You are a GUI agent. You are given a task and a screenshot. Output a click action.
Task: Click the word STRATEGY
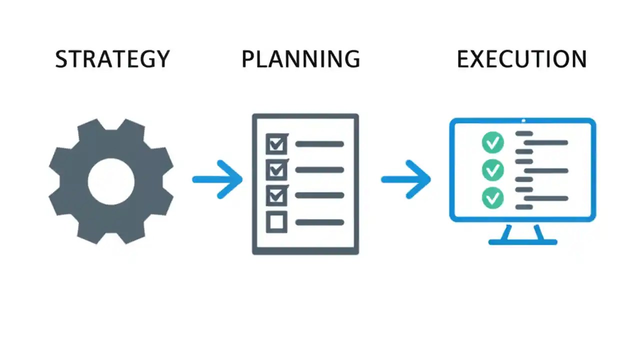pyautogui.click(x=112, y=59)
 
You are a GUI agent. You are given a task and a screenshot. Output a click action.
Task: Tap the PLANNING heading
pyautogui.click(x=300, y=59)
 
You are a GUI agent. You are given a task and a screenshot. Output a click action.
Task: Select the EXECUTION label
pyautogui.click(x=521, y=59)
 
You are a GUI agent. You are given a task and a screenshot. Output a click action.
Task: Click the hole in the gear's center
pyautogui.click(x=111, y=181)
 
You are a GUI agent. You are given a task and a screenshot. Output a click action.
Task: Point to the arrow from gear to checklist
pyautogui.click(x=217, y=179)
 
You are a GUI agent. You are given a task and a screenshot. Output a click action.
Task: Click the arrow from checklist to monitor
pyautogui.click(x=406, y=179)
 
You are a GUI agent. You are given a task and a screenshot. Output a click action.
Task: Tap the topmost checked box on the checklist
pyautogui.click(x=276, y=144)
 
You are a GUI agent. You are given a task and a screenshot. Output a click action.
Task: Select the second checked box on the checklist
pyautogui.click(x=276, y=170)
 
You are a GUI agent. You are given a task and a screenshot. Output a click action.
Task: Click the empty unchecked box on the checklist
pyautogui.click(x=276, y=222)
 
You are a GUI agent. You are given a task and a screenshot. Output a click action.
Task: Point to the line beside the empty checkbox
pyautogui.click(x=320, y=222)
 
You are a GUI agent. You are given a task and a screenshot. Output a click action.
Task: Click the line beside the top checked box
pyautogui.click(x=320, y=144)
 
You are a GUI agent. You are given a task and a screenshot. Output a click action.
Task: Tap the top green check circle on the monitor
pyautogui.click(x=493, y=143)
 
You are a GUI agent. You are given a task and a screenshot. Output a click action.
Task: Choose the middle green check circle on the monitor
pyautogui.click(x=493, y=170)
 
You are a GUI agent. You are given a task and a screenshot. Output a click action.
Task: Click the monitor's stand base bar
pyautogui.click(x=522, y=242)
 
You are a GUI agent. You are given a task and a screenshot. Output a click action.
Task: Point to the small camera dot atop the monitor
pyautogui.click(x=523, y=120)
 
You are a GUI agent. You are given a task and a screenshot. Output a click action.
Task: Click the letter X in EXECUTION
pyautogui.click(x=479, y=59)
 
